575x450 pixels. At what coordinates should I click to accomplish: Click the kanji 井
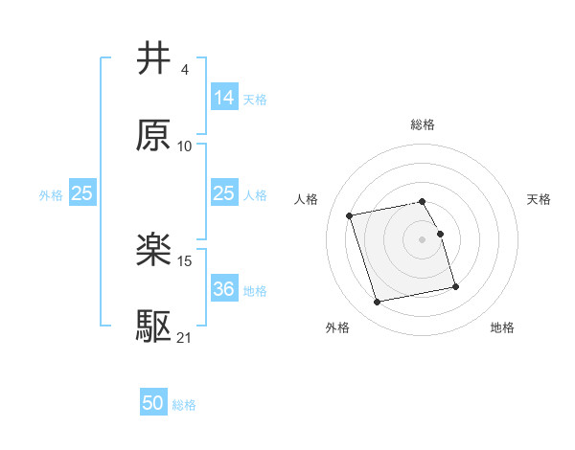[154, 58]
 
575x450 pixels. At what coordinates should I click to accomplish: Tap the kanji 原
[154, 135]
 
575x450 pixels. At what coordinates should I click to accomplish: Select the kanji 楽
[154, 249]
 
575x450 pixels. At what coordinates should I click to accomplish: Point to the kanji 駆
[154, 326]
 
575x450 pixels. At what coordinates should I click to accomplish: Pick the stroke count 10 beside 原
[185, 146]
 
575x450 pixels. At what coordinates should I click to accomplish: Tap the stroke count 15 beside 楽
[185, 259]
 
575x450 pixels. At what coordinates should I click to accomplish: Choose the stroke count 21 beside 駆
[185, 336]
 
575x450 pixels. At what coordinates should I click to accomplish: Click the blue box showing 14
[223, 98]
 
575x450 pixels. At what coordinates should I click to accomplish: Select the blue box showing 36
[223, 289]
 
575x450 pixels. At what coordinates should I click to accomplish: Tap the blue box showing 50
[152, 403]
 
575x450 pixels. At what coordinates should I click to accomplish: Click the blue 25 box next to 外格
[82, 193]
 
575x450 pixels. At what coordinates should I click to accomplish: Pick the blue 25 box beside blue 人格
[223, 193]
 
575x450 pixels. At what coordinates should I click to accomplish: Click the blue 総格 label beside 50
[184, 405]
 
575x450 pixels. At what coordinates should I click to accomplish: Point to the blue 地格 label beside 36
[255, 290]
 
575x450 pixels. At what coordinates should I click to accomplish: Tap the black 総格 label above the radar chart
[423, 124]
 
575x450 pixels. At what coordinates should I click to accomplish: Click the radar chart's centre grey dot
[423, 238]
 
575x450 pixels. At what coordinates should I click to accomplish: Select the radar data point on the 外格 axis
[378, 302]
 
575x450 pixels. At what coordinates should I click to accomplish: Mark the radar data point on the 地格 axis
[455, 286]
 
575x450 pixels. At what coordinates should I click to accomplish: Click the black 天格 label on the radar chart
[540, 199]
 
